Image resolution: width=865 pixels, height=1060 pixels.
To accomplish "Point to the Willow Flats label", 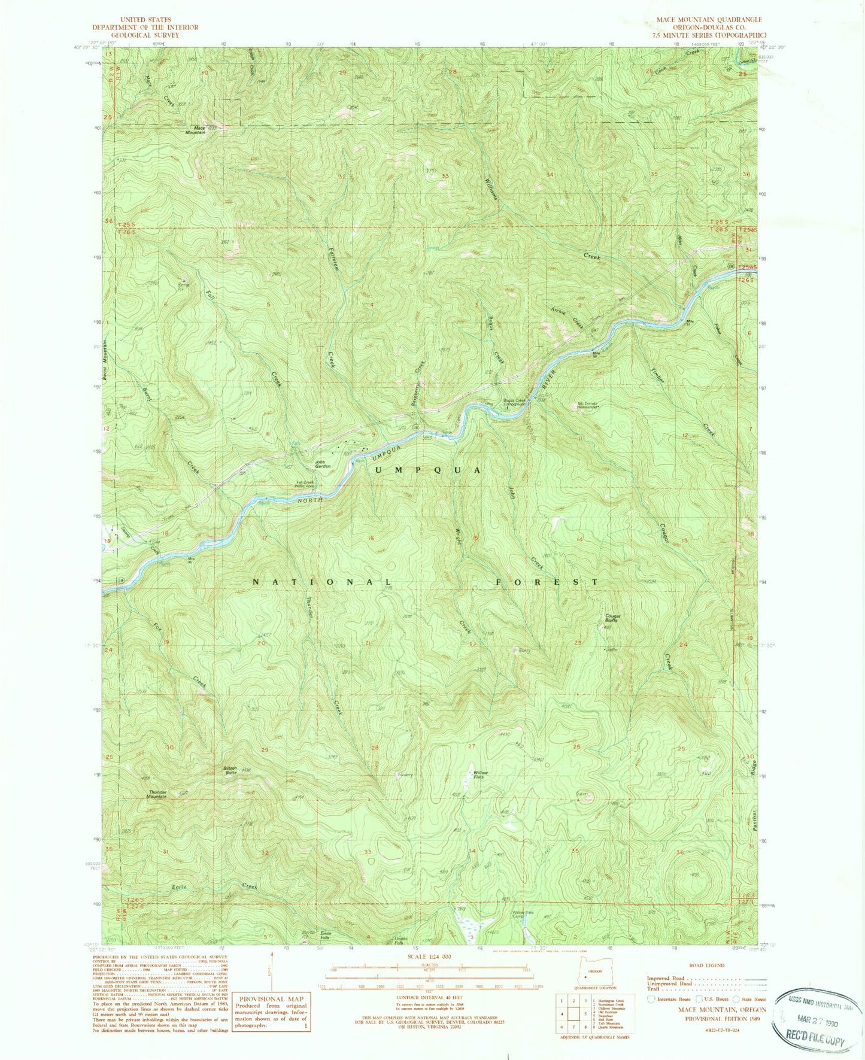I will tap(480, 775).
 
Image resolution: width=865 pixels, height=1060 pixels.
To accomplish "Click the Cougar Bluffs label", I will tap(612, 618).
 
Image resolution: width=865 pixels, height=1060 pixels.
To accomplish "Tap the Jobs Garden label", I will tap(323, 464).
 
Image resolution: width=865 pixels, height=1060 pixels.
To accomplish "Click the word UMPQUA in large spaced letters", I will tap(427, 470).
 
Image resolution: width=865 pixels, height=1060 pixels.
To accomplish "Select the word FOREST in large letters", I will tap(547, 581).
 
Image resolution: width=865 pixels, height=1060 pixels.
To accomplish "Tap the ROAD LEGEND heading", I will tap(706, 965).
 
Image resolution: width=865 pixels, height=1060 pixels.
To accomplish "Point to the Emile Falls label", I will tap(326, 935).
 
